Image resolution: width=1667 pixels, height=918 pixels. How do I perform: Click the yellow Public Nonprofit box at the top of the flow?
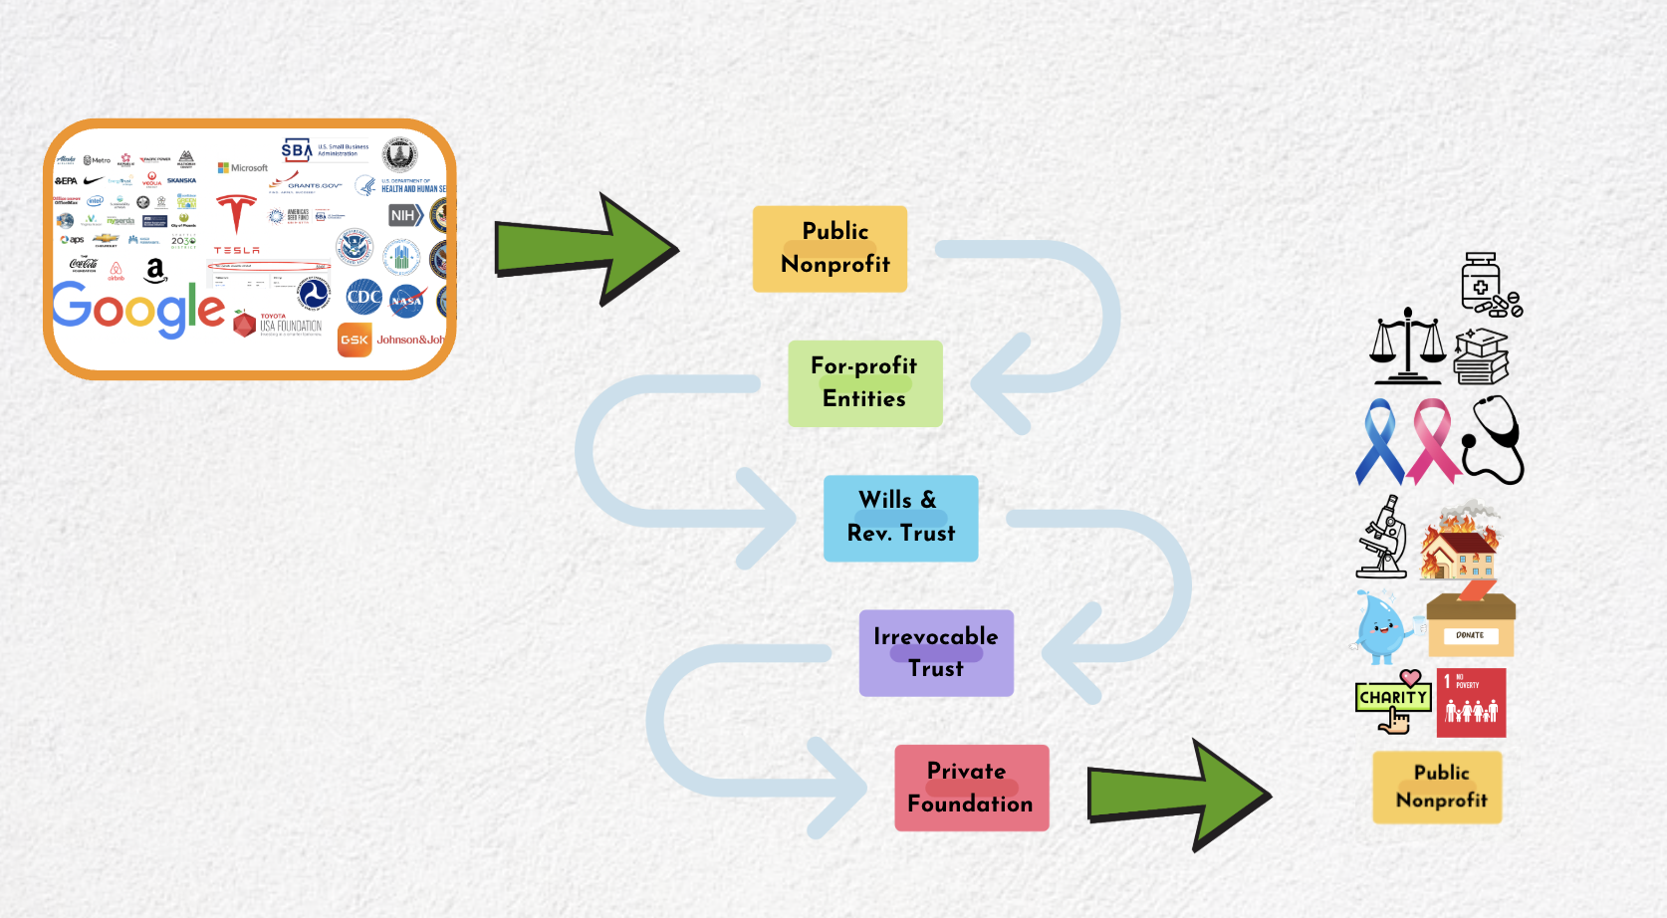click(x=830, y=249)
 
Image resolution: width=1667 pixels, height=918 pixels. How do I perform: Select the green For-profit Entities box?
click(x=864, y=383)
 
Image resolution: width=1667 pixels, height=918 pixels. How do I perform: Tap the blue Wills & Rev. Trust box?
click(x=900, y=518)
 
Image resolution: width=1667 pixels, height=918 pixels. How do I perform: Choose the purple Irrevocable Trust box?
click(x=936, y=652)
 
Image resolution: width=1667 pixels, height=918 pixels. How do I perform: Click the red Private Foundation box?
click(x=971, y=788)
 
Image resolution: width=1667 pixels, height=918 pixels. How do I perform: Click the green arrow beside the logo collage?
click(x=588, y=249)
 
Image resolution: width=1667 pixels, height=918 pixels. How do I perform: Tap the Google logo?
click(x=138, y=310)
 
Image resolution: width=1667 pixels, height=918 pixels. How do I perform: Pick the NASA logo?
click(x=406, y=301)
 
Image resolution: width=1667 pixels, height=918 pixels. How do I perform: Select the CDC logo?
click(x=363, y=297)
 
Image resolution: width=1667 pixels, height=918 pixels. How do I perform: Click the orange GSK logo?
click(x=355, y=340)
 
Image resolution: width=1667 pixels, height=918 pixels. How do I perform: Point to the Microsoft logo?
click(x=243, y=168)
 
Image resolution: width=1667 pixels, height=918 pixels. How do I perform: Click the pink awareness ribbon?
click(x=1432, y=439)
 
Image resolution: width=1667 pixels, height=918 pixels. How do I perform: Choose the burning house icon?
click(x=1461, y=544)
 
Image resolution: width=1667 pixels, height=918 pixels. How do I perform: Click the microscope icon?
click(x=1382, y=539)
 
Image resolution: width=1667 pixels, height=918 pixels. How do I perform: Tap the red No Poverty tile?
click(x=1471, y=703)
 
